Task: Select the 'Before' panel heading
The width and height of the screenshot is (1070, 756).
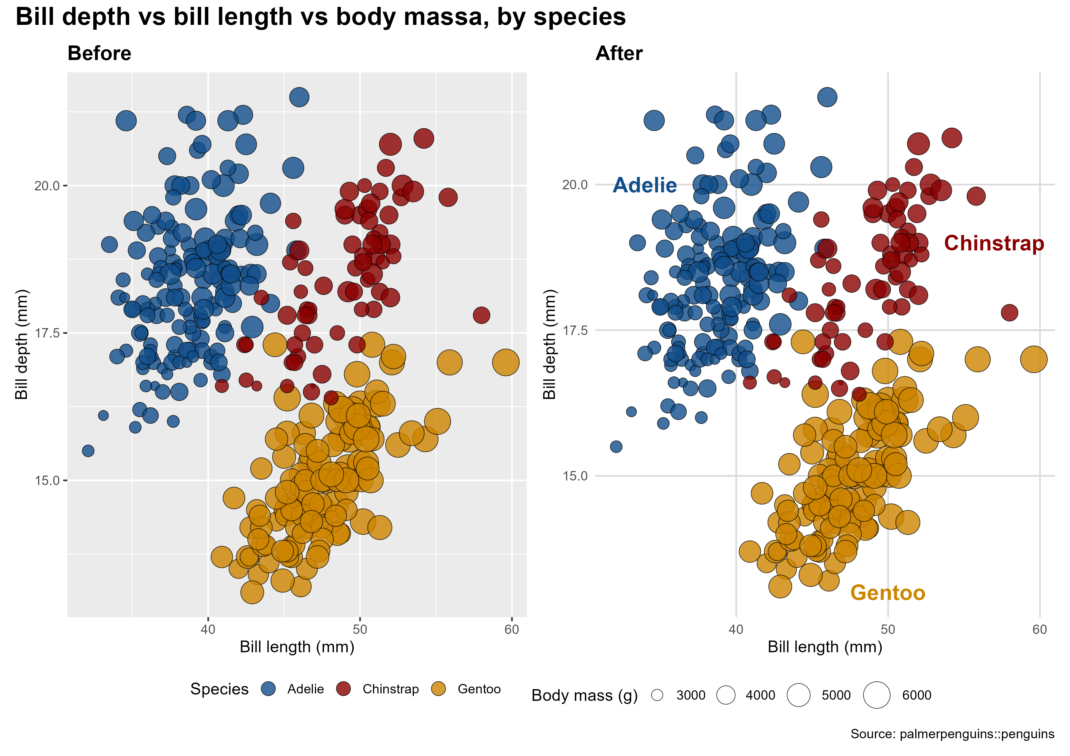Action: click(x=99, y=53)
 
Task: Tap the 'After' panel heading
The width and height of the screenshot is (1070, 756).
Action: click(x=619, y=53)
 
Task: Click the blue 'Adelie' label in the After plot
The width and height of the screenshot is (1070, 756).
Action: click(x=644, y=185)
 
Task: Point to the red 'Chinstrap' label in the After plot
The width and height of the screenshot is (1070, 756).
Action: click(x=994, y=244)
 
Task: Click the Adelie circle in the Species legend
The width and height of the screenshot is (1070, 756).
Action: click(x=269, y=689)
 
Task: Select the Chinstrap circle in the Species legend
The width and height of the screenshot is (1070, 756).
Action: click(x=344, y=689)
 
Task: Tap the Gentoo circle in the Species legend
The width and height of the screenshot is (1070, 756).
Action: click(x=438, y=689)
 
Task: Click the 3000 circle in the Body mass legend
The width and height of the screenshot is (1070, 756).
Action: click(x=657, y=695)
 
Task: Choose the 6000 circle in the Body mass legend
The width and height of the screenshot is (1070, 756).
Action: click(x=877, y=695)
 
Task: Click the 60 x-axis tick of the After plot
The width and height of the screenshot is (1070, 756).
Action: click(x=1040, y=630)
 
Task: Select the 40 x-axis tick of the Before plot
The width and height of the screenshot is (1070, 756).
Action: click(x=208, y=630)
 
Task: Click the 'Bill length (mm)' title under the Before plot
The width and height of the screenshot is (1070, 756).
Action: click(x=297, y=647)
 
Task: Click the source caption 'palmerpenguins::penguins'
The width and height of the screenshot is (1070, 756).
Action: click(x=977, y=734)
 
